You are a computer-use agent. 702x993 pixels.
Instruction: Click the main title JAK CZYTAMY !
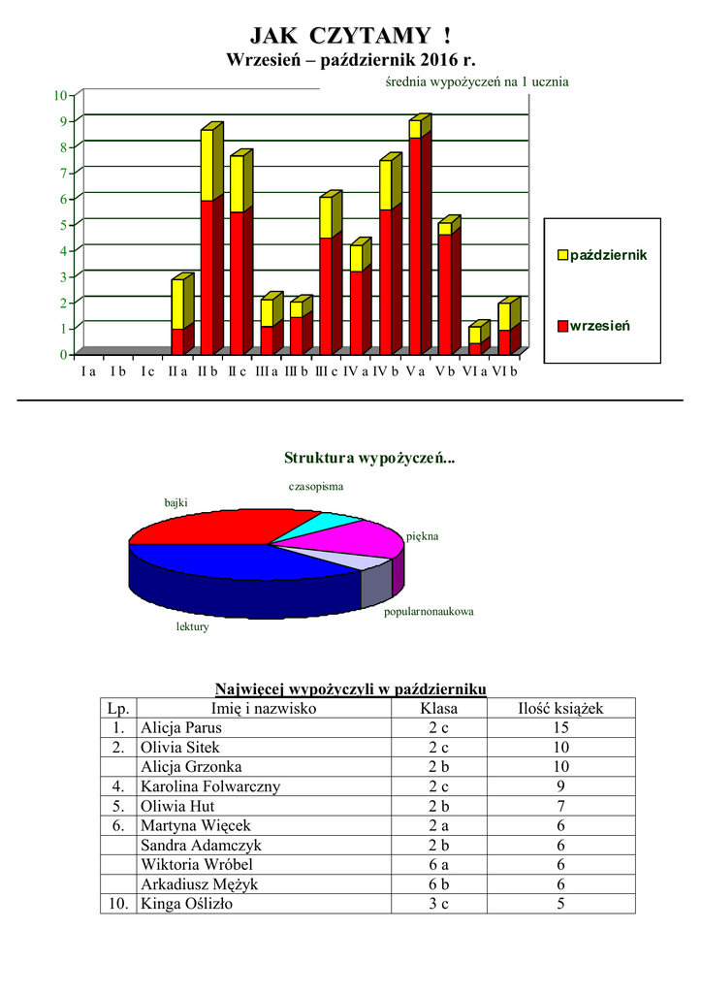click(350, 36)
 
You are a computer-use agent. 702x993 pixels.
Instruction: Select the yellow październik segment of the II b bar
click(207, 165)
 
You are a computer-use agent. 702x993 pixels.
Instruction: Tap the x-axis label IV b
click(387, 371)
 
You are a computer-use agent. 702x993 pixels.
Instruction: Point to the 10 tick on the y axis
click(59, 95)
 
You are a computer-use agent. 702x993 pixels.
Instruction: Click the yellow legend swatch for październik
click(562, 255)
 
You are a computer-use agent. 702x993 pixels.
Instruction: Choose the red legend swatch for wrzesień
click(562, 326)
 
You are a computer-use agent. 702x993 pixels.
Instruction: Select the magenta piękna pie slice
click(368, 537)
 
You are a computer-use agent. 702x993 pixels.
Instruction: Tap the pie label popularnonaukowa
click(429, 612)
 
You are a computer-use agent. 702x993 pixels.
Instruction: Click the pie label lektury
click(192, 627)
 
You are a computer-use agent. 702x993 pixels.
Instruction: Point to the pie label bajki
click(175, 502)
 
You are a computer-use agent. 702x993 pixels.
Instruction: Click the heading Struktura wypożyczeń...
click(368, 458)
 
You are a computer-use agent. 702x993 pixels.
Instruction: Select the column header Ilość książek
click(560, 709)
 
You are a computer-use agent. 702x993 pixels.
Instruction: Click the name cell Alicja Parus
click(181, 728)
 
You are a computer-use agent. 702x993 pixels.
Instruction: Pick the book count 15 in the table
click(560, 728)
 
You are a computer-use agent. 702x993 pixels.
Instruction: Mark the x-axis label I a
click(88, 371)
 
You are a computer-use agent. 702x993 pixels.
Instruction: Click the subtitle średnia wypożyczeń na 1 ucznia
click(470, 82)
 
